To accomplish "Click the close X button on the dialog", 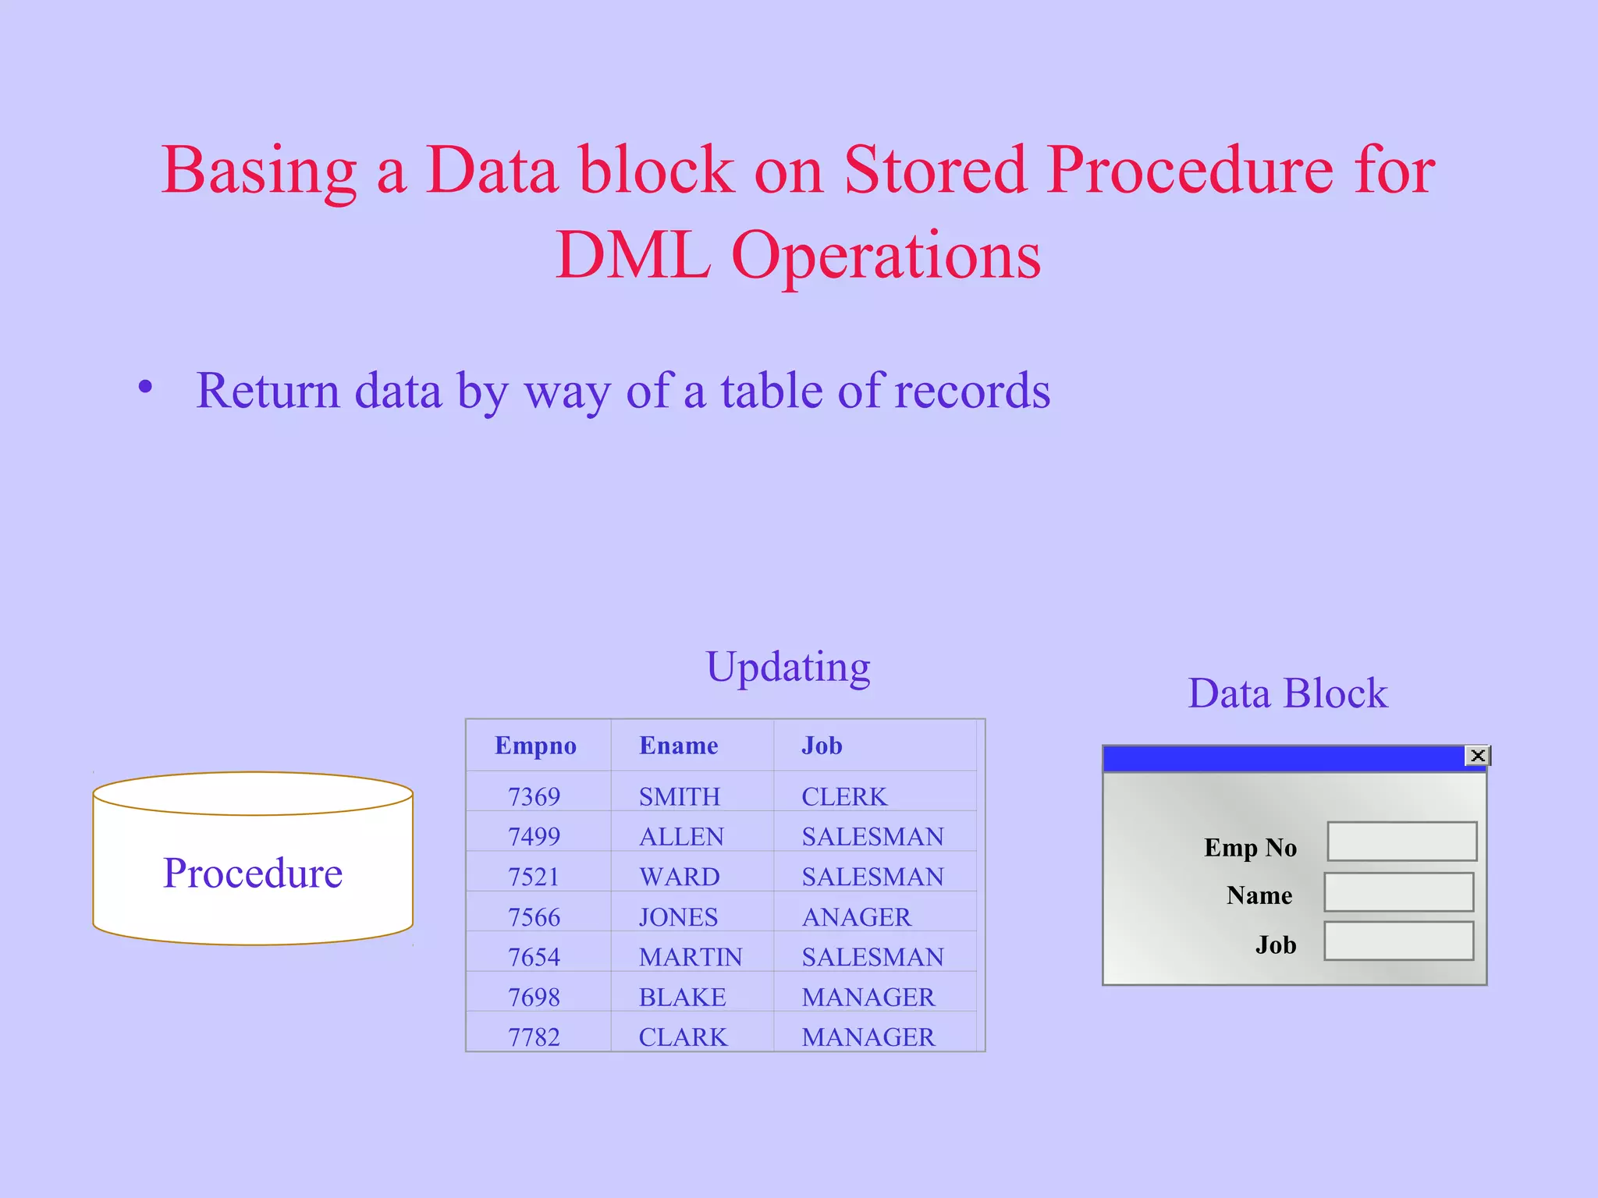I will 1477,756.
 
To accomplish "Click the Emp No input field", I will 1402,842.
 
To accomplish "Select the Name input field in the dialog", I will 1399,892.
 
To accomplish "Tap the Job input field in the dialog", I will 1399,941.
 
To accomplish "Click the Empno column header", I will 535,746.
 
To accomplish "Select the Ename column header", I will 678,746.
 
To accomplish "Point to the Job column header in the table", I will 822,746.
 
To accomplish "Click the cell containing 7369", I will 534,797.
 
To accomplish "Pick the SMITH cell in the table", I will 679,797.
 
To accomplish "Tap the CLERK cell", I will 844,797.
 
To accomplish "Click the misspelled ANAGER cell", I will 856,917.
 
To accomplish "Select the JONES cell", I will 678,917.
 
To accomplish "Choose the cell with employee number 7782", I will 534,1037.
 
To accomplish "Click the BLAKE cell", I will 682,998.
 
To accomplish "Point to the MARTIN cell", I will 691,957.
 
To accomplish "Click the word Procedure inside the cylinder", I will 253,873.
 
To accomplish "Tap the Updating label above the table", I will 788,668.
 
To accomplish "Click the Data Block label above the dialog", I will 1287,693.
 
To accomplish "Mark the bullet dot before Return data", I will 145,387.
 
